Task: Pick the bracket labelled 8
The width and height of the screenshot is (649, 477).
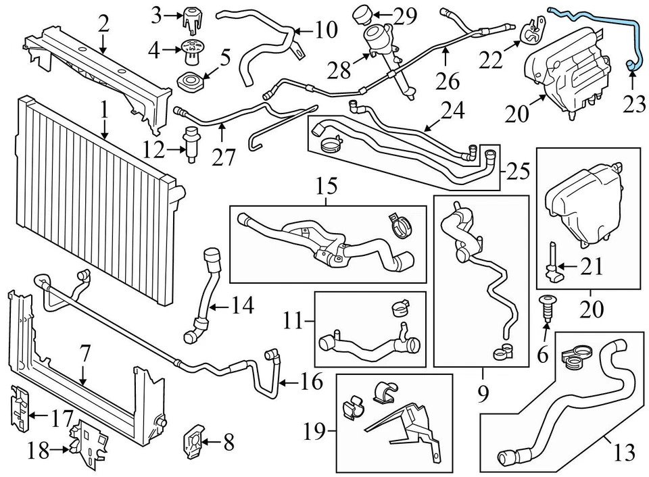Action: click(193, 443)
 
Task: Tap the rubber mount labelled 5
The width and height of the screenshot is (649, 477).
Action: click(191, 83)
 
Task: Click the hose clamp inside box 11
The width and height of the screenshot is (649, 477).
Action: click(400, 308)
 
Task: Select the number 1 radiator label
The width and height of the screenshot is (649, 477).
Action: click(105, 109)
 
